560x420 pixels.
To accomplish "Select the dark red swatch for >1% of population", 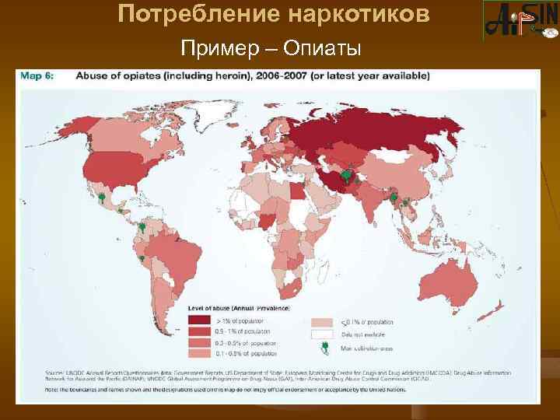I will (x=198, y=320).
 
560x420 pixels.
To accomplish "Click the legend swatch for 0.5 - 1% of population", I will (x=198, y=331).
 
